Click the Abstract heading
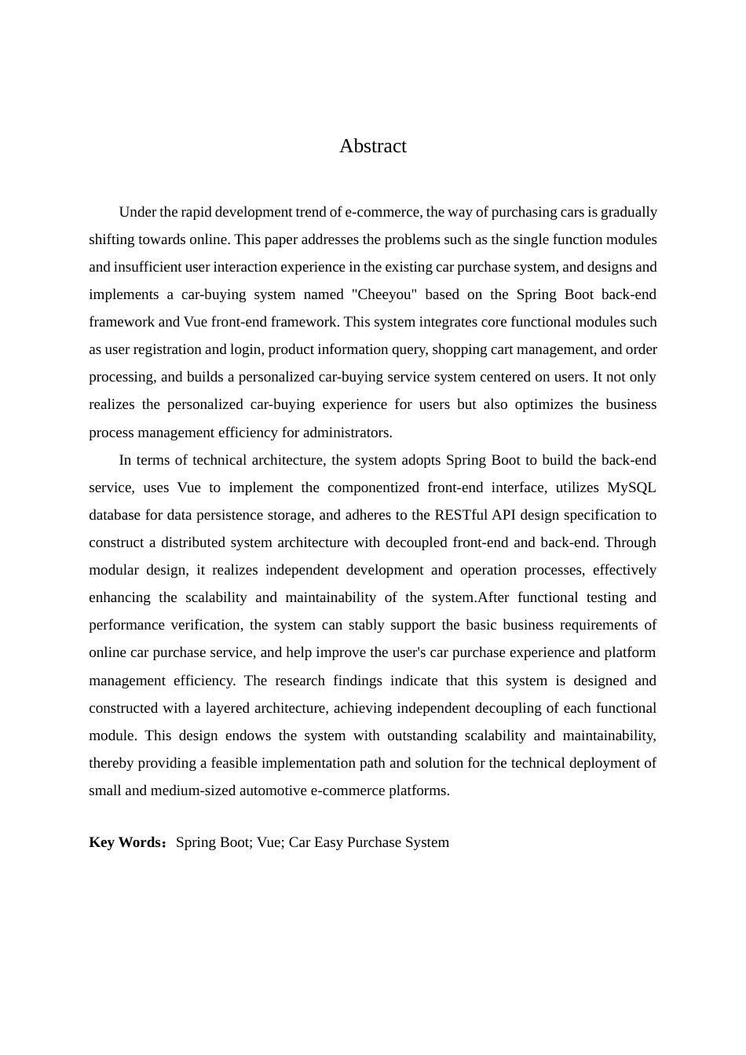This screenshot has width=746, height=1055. pyautogui.click(x=372, y=146)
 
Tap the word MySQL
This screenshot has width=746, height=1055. pyautogui.click(x=631, y=487)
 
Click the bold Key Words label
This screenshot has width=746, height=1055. pyautogui.click(x=126, y=842)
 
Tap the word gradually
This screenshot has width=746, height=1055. pyautogui.click(x=628, y=212)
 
